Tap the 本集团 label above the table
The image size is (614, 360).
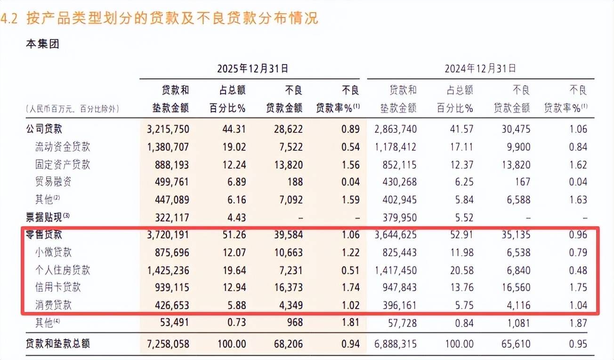coord(42,44)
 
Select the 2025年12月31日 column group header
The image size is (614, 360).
coord(252,68)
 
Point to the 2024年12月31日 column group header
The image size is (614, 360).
coord(480,68)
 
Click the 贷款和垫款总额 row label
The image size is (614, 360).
coord(57,344)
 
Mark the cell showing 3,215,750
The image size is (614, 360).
coord(168,129)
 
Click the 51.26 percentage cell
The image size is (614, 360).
coord(234,235)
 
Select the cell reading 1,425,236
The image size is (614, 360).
coord(168,270)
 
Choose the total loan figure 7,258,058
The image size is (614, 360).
coord(168,344)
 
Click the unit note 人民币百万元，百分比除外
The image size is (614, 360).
coord(73,108)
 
